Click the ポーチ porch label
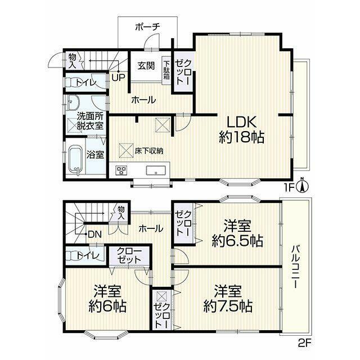point(147,27)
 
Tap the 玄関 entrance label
point(146,66)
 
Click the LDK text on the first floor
point(241,123)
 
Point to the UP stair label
point(119,78)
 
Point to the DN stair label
point(94,234)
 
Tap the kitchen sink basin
point(156,170)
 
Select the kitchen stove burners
point(121,170)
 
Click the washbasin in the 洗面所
point(74,102)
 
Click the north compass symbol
point(303,186)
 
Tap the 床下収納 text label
point(149,151)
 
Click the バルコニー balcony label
point(295,267)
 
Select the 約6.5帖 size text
point(237,241)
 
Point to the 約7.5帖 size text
point(228,306)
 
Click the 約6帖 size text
point(107,306)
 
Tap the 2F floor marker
point(304,343)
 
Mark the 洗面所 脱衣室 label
point(90,121)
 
